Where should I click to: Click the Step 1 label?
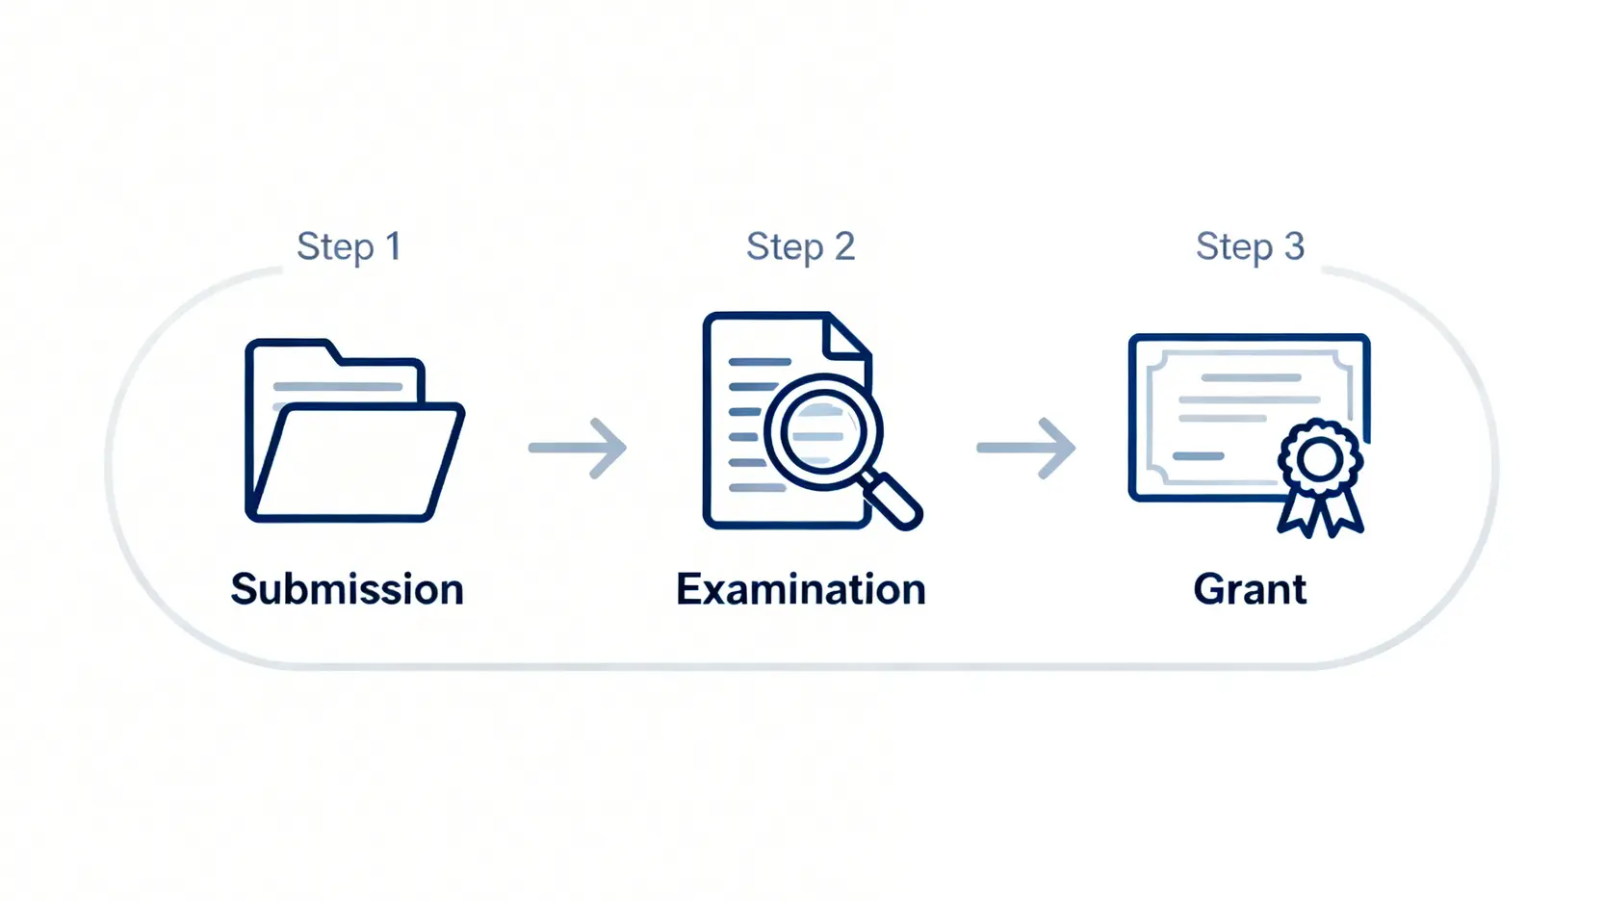(x=348, y=246)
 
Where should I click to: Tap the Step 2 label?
(x=800, y=246)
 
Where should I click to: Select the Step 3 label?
(x=1250, y=246)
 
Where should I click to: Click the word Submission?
(x=347, y=589)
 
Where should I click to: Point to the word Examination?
(x=800, y=589)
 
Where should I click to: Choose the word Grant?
(x=1250, y=589)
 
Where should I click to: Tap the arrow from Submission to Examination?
(x=578, y=448)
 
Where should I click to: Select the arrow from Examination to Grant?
(x=1026, y=448)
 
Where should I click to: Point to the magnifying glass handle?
(x=893, y=500)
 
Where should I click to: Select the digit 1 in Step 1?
(x=393, y=246)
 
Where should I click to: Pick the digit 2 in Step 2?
(x=844, y=246)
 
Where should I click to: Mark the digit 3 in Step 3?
(x=1294, y=246)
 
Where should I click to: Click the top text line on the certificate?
(x=1250, y=377)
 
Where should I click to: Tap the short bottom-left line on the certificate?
(x=1199, y=455)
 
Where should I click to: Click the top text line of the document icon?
(x=760, y=362)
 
